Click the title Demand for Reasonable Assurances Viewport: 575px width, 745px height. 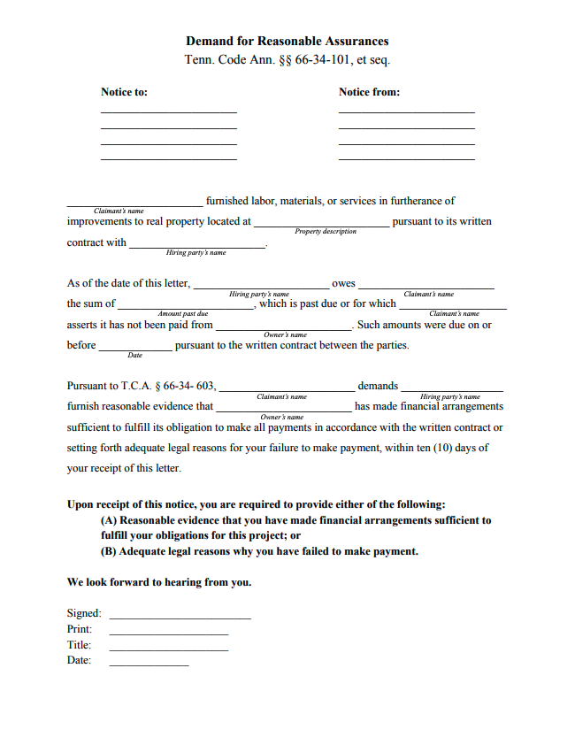click(x=287, y=42)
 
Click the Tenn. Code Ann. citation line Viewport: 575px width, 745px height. click(x=287, y=60)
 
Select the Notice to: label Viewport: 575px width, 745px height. click(x=124, y=92)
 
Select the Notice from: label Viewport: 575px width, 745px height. click(x=369, y=92)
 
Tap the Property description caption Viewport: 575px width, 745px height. click(x=326, y=232)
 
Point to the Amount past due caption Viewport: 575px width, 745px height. click(x=183, y=314)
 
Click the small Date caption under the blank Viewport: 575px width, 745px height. click(x=134, y=356)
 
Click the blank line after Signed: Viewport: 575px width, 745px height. click(x=180, y=617)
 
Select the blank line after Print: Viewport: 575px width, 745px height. click(x=168, y=634)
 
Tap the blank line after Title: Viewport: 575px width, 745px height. click(x=168, y=649)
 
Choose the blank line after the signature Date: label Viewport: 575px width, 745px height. click(x=149, y=664)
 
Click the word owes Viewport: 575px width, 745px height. click(x=343, y=284)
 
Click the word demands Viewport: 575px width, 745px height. click(x=378, y=387)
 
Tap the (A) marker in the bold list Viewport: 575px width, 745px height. click(x=109, y=521)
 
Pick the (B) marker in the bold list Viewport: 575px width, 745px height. click(x=109, y=551)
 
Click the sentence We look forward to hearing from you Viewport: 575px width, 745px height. click(x=159, y=583)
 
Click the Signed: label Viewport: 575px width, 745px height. click(x=84, y=613)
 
